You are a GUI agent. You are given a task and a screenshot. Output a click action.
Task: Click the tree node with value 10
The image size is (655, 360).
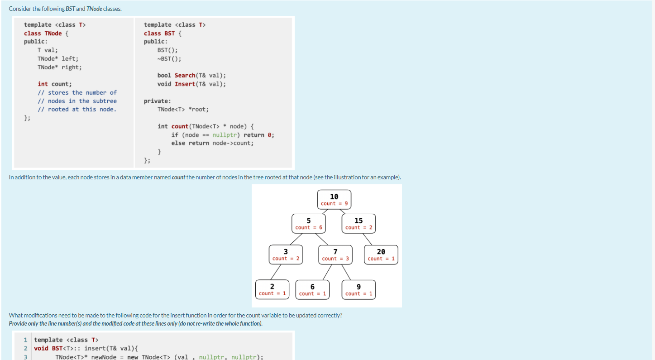(334, 199)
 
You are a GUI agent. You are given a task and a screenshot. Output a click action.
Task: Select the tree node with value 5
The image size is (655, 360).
(308, 223)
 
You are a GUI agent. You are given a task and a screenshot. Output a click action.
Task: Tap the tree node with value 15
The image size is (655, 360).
(359, 223)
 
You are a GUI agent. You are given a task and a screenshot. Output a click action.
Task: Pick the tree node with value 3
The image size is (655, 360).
(286, 254)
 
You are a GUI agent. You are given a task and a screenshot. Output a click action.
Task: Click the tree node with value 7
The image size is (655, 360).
(335, 254)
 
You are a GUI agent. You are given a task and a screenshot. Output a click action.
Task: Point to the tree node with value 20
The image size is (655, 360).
(381, 254)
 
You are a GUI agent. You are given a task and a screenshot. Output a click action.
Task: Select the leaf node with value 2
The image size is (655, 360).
(272, 289)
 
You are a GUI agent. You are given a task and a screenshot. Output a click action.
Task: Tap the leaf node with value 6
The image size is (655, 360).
(312, 289)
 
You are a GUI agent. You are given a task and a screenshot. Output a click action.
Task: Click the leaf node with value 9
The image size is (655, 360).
(359, 289)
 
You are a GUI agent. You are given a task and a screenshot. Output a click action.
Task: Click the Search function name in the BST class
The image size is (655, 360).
(185, 76)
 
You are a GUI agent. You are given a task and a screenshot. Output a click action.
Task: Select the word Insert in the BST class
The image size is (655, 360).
(185, 84)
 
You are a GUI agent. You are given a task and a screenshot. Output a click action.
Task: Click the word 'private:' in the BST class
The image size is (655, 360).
(157, 101)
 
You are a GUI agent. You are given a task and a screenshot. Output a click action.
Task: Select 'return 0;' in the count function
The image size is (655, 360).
(259, 135)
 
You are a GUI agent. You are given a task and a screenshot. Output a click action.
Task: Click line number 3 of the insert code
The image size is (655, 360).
(26, 357)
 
